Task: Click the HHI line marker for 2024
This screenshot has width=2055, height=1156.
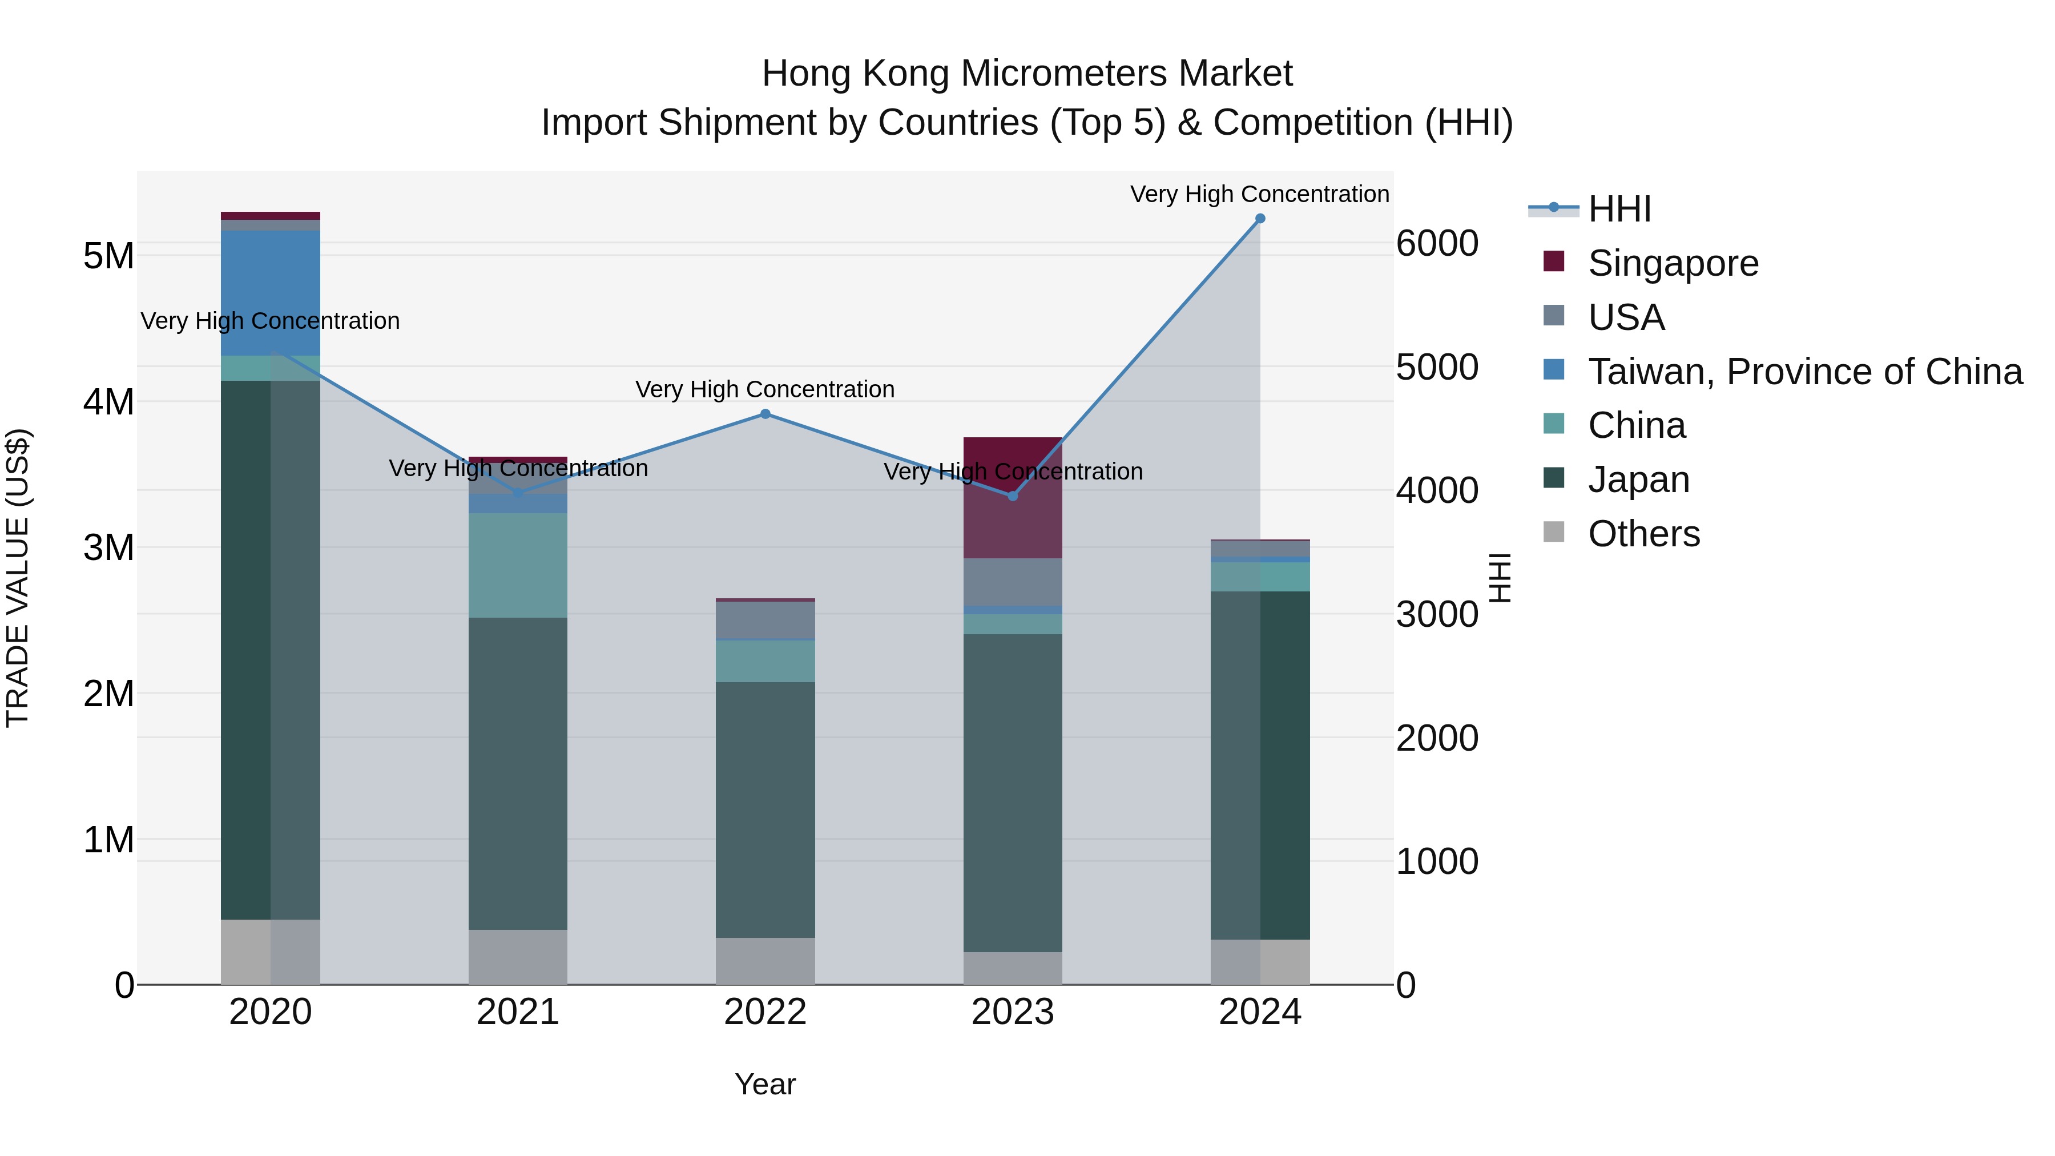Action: click(x=1260, y=219)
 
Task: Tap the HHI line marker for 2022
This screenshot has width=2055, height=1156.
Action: click(x=765, y=414)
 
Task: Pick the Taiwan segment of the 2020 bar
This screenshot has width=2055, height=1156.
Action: click(x=271, y=293)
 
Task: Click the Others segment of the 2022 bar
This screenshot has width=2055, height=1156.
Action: click(x=765, y=961)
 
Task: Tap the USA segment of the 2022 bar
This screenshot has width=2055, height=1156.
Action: click(x=765, y=620)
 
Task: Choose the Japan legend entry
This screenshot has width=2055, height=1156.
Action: click(x=1638, y=480)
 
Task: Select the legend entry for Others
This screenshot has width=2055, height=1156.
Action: click(x=1643, y=534)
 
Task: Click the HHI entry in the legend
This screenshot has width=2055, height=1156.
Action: click(x=1619, y=209)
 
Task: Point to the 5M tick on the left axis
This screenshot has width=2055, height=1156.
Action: click(x=108, y=256)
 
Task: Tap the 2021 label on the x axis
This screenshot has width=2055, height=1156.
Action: click(x=518, y=1012)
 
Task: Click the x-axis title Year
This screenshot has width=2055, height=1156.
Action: click(x=765, y=1084)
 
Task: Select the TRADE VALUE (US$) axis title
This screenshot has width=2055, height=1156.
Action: click(x=18, y=578)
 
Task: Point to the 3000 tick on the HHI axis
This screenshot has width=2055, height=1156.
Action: click(x=1437, y=614)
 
